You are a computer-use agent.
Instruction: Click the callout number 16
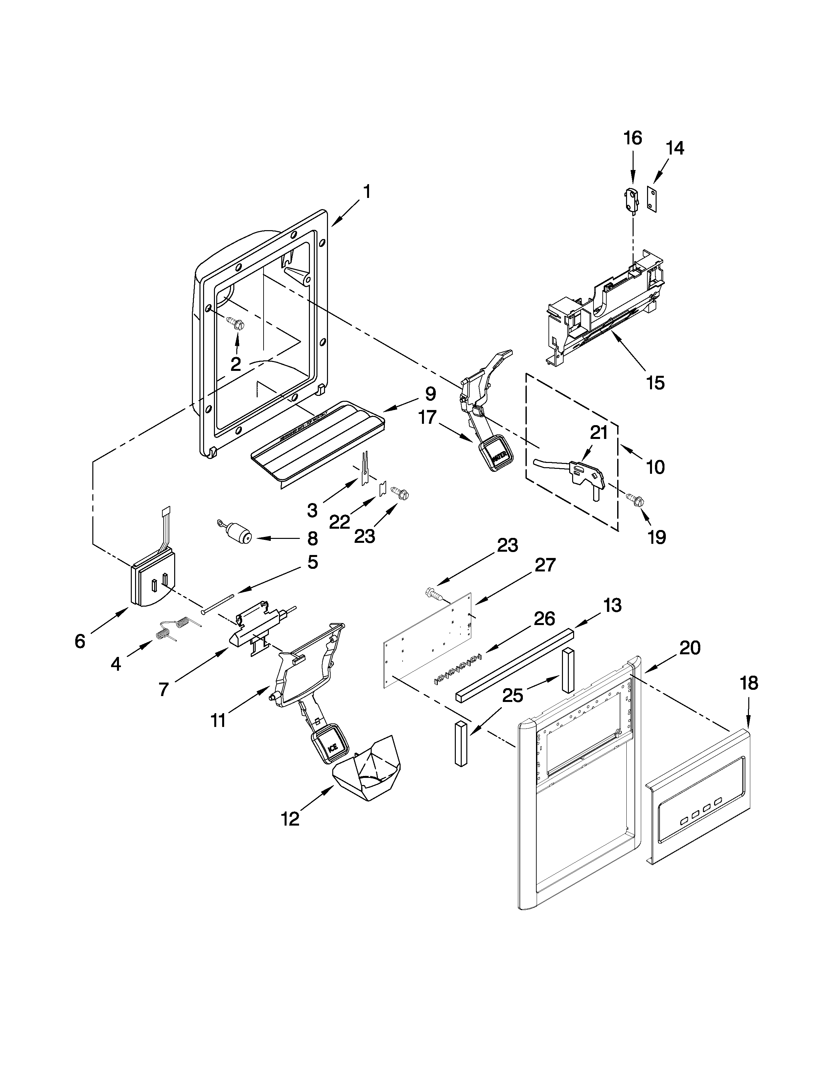[633, 138]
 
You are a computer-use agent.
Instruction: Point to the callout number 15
[655, 382]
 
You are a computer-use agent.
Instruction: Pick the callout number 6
[80, 641]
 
